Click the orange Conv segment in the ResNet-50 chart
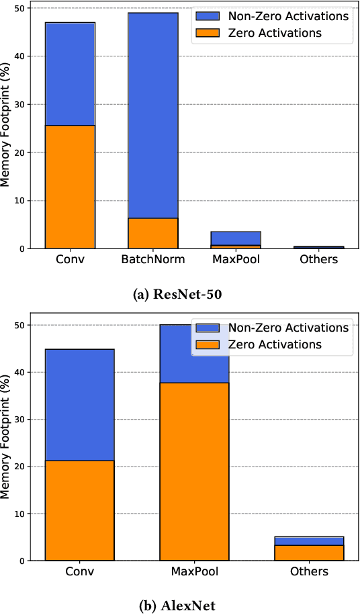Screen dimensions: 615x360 [x=70, y=187]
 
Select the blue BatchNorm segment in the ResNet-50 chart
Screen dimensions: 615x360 [x=153, y=114]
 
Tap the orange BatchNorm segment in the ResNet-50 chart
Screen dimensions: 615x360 [x=153, y=233]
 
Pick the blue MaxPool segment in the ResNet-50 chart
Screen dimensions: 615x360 [x=236, y=238]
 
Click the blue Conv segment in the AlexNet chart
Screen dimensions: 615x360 [x=79, y=405]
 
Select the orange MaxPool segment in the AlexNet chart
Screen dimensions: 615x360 [x=194, y=471]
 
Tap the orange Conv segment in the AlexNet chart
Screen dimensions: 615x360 [x=79, y=510]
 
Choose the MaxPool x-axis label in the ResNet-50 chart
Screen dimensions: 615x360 [x=236, y=259]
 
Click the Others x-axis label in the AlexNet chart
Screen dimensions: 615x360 [x=310, y=571]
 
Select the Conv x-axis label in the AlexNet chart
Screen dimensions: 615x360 [x=79, y=571]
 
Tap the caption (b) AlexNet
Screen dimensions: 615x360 [x=179, y=606]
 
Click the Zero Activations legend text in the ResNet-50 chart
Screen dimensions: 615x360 [x=275, y=33]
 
